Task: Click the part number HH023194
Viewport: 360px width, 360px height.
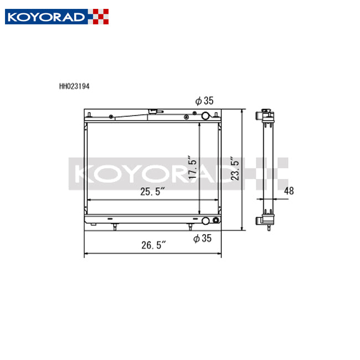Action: click(74, 87)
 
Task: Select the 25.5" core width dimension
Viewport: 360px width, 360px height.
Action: click(152, 192)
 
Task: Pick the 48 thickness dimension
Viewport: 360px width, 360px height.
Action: click(289, 191)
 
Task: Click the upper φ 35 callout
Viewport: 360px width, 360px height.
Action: click(204, 101)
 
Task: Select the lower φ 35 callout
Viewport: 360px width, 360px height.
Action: click(204, 239)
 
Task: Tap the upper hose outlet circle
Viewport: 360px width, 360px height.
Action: click(205, 116)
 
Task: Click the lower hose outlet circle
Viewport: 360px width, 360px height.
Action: click(206, 221)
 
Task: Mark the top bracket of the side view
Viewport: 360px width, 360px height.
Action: click(265, 116)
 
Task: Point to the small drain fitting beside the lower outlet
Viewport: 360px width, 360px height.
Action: click(215, 221)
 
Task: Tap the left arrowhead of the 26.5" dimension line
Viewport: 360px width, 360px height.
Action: click(85, 255)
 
